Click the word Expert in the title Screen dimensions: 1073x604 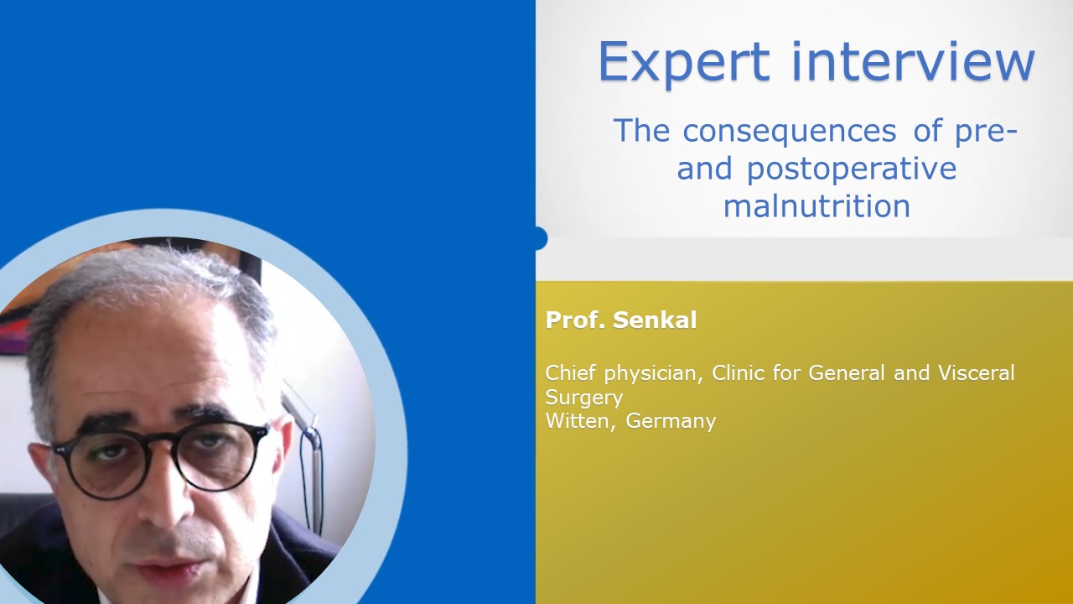coord(684,63)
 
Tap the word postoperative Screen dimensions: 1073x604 coord(852,169)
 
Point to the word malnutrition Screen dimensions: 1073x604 coord(816,206)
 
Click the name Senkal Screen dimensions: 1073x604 coord(655,320)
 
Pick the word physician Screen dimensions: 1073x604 coord(653,374)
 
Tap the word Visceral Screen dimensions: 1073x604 coord(977,372)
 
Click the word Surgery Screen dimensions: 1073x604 coord(584,398)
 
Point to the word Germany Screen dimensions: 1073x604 coord(671,422)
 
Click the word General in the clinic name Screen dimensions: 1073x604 coord(847,372)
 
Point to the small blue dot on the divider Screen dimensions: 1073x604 coord(540,238)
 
